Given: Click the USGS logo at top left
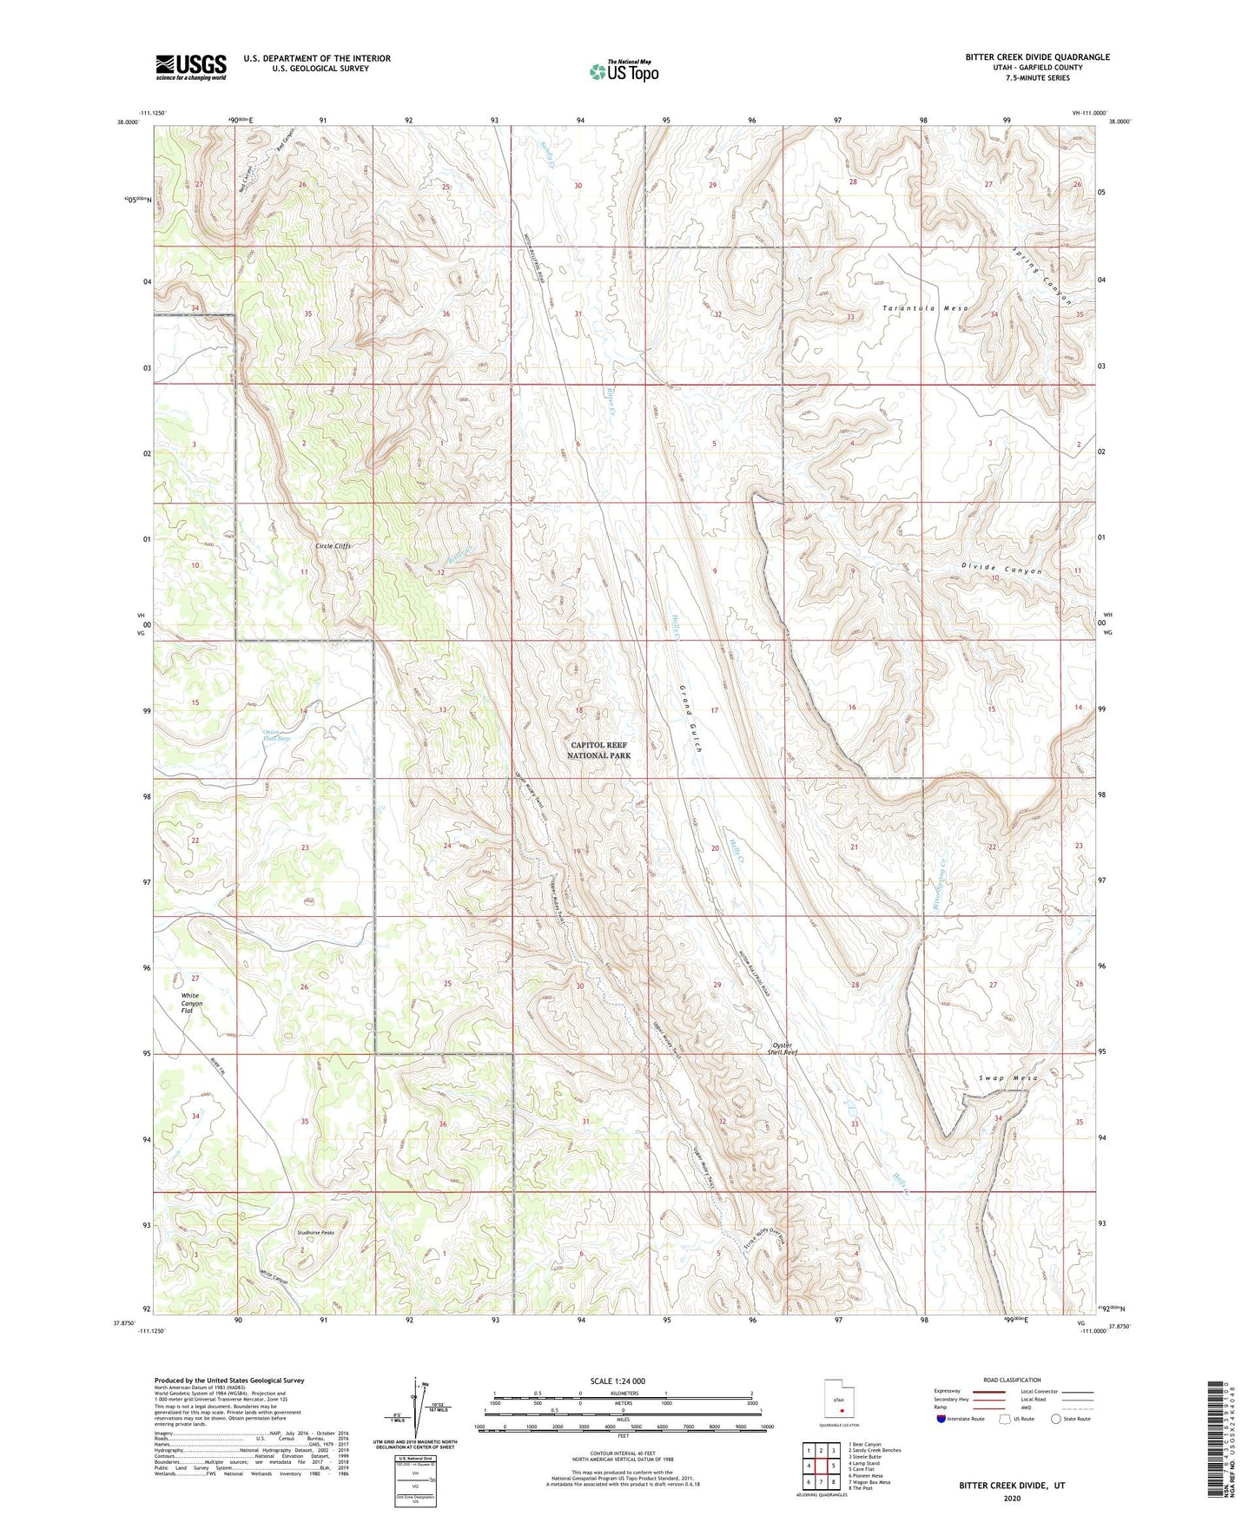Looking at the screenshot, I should (x=191, y=66).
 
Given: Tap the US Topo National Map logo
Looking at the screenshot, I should (x=623, y=71).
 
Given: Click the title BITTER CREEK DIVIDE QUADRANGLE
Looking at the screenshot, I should (x=1037, y=57).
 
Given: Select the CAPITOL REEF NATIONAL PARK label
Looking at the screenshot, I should (x=598, y=750).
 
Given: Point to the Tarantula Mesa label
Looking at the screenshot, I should (x=925, y=308).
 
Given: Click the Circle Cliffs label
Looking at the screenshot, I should (x=333, y=546).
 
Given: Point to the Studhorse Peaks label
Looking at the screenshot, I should (x=314, y=1232).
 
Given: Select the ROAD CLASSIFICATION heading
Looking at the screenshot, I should (x=1012, y=1380).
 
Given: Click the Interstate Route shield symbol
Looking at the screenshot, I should (x=941, y=1419).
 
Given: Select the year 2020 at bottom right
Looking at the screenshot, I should (x=1012, y=1498).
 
